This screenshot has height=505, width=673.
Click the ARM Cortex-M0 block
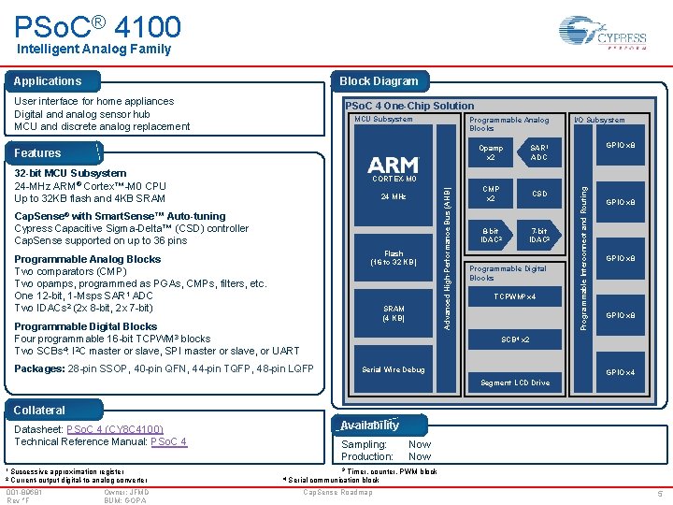[x=394, y=167]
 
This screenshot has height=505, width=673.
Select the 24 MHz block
[x=394, y=197]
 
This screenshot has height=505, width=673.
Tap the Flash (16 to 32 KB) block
[x=394, y=257]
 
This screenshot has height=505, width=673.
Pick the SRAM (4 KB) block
[x=394, y=313]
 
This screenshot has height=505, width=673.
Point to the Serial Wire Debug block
[x=394, y=369]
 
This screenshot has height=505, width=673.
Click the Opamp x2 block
[x=491, y=151]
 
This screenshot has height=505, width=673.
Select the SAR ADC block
[x=538, y=151]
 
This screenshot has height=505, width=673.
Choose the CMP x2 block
[x=491, y=194]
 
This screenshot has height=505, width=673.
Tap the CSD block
[x=539, y=195]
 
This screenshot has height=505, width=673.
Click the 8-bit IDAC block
[x=491, y=236]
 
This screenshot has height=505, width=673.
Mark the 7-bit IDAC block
[x=539, y=236]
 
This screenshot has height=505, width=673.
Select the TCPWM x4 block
[x=515, y=296]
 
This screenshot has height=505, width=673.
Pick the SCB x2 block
[x=515, y=339]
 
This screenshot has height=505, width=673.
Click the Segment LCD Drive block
[x=515, y=382]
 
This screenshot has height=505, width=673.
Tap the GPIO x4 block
[x=621, y=373]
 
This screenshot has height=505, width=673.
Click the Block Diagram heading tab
[x=379, y=80]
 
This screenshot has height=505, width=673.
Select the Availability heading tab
[x=370, y=425]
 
